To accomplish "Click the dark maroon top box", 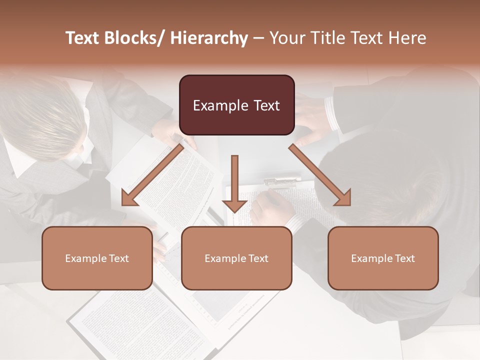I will point(236,105).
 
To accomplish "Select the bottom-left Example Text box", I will point(97,258).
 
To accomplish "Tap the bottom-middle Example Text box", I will point(236,258).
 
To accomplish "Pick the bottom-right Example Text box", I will point(383,258).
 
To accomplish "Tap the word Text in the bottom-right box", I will point(403,258).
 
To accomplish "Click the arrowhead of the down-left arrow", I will point(129,198).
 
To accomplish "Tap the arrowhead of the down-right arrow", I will point(343,198).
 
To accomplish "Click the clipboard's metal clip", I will point(283,180).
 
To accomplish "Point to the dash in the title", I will point(258,38).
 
